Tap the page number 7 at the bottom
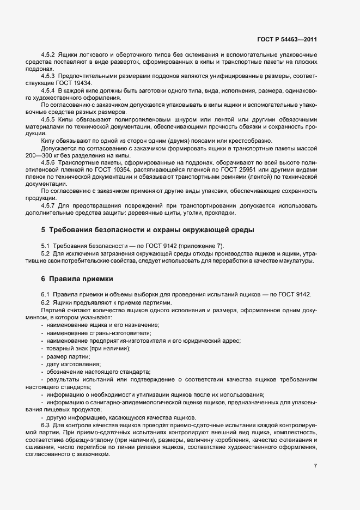pos(316,466)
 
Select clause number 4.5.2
pos(49,56)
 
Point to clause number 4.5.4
pos(49,89)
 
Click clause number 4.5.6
pos(49,162)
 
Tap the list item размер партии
pos(69,356)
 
